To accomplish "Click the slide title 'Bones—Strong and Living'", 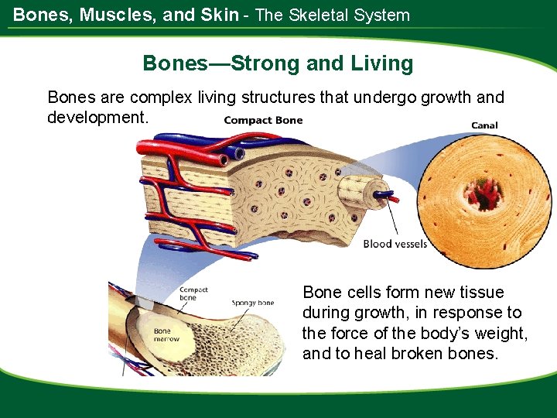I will [x=278, y=63].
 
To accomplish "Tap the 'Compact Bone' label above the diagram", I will [x=263, y=120].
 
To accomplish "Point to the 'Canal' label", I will [x=484, y=125].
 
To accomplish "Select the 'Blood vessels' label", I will [x=395, y=244].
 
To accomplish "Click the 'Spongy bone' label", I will [x=252, y=303].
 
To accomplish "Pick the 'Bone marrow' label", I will [x=166, y=334].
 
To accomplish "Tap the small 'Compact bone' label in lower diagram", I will [x=193, y=293].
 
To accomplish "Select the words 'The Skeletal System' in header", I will [x=332, y=15].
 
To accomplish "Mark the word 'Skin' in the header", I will [x=219, y=15].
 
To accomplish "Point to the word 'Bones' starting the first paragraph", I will [x=70, y=98].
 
